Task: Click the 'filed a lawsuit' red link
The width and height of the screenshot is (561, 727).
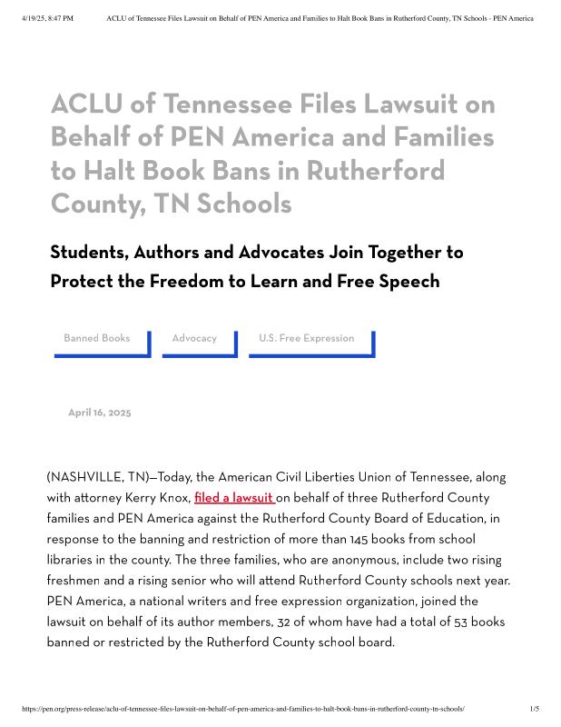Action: (233, 498)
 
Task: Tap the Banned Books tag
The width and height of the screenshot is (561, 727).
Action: (97, 338)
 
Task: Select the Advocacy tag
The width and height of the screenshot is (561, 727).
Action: (194, 338)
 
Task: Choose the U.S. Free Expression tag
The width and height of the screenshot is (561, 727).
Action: (306, 338)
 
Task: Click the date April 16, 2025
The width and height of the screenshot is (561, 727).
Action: (100, 413)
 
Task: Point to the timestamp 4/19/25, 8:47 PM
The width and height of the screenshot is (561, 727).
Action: (47, 18)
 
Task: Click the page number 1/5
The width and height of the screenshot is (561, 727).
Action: (534, 709)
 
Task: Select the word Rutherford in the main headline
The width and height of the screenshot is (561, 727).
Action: (375, 171)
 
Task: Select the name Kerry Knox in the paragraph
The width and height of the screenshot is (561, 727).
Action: (161, 498)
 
